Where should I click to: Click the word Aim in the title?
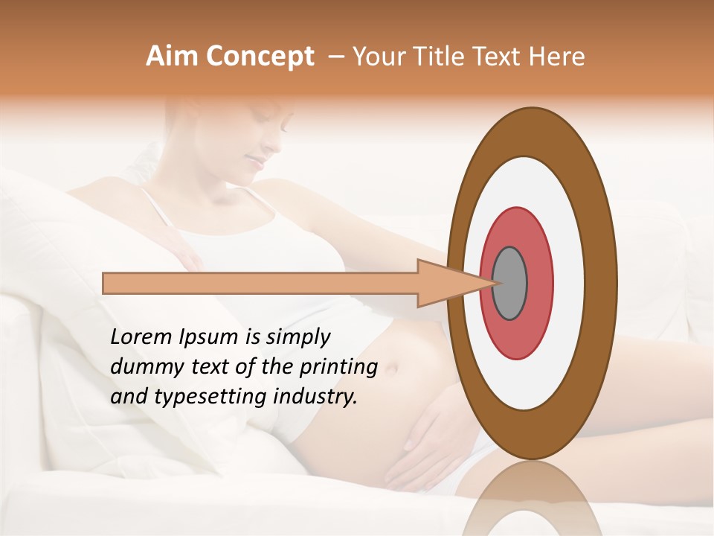(170, 57)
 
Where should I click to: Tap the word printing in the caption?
(338, 368)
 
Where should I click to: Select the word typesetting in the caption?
(204, 398)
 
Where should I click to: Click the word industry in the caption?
(313, 397)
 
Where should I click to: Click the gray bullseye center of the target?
(510, 283)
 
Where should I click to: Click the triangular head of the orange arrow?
(446, 283)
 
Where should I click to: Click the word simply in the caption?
(297, 338)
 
